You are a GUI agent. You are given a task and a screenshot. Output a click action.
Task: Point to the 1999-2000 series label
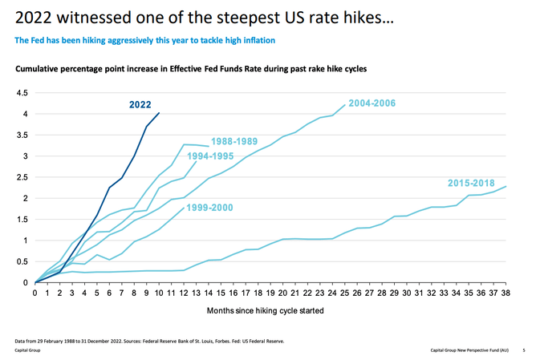tap(210, 208)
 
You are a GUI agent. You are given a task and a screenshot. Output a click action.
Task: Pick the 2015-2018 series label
tap(471, 183)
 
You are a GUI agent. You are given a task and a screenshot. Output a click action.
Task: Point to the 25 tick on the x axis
tap(346, 293)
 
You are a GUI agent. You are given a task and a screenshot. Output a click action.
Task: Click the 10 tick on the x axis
tap(159, 293)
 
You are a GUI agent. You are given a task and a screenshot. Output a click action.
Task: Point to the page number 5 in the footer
tap(523, 350)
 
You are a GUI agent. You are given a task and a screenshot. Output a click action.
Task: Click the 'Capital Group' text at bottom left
tap(26, 350)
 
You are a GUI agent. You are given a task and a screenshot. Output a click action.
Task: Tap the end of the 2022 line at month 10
tap(159, 113)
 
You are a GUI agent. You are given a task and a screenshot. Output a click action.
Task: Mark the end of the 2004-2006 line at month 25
tap(346, 105)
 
